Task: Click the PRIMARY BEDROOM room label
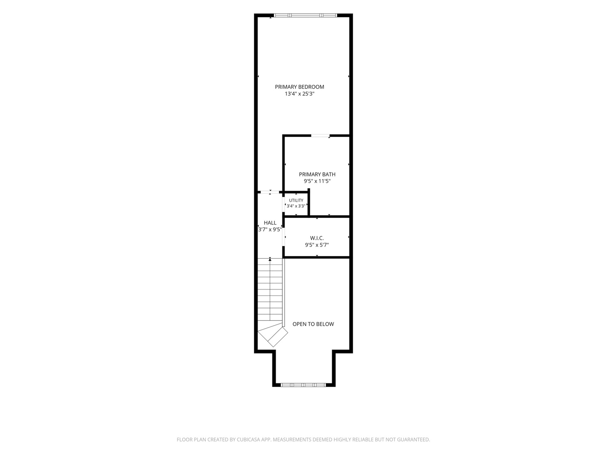[x=299, y=87]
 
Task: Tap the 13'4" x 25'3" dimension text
[x=299, y=94]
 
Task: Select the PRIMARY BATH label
[x=317, y=174]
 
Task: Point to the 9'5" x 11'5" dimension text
[x=317, y=181]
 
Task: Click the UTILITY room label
[x=296, y=200]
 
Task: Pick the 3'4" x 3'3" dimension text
[x=296, y=206]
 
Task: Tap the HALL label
[x=270, y=223]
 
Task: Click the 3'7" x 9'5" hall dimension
[x=270, y=229]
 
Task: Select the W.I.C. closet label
[x=317, y=238]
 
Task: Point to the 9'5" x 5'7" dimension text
[x=317, y=245]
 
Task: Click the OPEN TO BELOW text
[x=313, y=324]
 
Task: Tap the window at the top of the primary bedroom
[x=305, y=15]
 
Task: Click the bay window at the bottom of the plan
[x=303, y=385]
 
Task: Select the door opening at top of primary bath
[x=320, y=135]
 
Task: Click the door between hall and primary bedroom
[x=270, y=192]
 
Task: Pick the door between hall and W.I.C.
[x=283, y=236]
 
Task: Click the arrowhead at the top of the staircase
[x=270, y=260]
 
